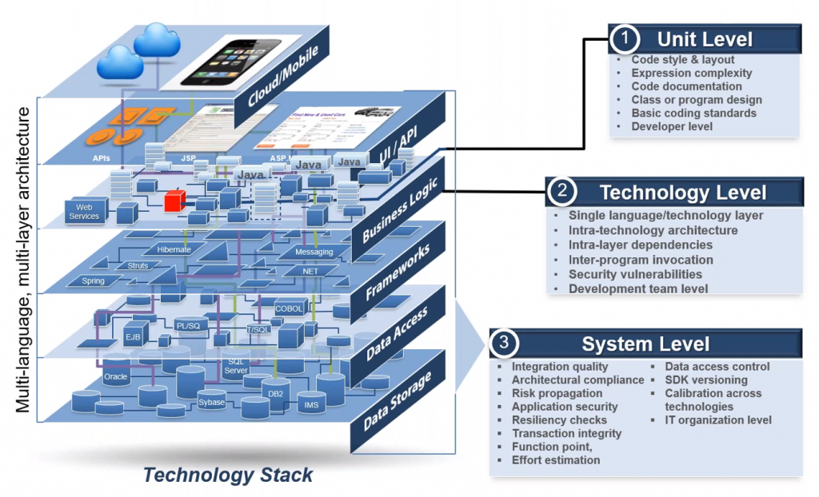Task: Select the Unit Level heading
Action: [704, 39]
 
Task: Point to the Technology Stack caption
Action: [228, 475]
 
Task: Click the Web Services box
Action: [84, 211]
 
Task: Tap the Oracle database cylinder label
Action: [115, 376]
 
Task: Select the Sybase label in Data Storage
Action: [212, 402]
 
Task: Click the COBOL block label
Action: [289, 308]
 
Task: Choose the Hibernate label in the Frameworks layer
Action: [174, 249]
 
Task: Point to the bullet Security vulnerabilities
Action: [635, 274]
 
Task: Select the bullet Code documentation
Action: [686, 86]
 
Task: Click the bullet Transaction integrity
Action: [566, 433]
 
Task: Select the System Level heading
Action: [645, 344]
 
